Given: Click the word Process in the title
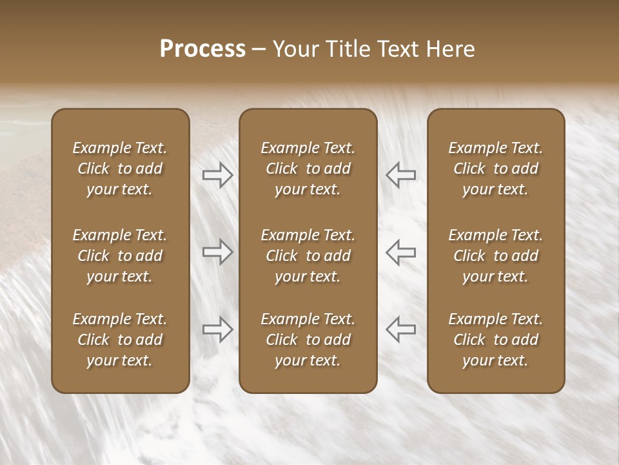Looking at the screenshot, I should [x=202, y=49].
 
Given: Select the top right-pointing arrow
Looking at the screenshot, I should [x=217, y=175].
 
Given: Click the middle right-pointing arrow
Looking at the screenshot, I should [x=217, y=252].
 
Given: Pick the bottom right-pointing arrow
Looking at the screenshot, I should [x=217, y=329].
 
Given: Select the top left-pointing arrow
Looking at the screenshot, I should [x=400, y=174].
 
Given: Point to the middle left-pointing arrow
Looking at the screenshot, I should [x=400, y=252].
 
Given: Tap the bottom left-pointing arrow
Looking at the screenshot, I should [x=400, y=329].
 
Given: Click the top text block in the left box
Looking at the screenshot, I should [x=120, y=169].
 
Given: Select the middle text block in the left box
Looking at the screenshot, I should [x=120, y=256].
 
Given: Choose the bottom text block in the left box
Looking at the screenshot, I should [x=120, y=340].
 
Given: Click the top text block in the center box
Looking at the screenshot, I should [x=308, y=169].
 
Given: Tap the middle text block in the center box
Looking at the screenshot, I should [x=308, y=256].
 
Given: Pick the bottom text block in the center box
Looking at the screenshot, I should [x=308, y=340].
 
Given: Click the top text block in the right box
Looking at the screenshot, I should [x=495, y=169].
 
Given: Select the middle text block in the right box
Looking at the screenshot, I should [x=495, y=256].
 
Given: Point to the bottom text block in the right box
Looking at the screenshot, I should [x=495, y=340].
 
